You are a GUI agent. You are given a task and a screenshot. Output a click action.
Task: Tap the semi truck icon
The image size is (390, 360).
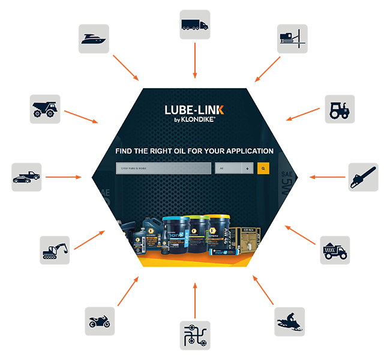[194, 25]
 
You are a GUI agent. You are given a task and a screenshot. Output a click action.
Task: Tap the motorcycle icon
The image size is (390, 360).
[100, 322]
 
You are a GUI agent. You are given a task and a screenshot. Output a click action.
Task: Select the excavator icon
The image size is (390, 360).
[55, 251]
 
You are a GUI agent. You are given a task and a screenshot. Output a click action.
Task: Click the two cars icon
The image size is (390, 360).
[26, 178]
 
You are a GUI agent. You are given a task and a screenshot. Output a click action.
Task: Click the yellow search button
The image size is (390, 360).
[263, 169]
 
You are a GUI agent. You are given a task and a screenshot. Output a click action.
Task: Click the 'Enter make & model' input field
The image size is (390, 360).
[163, 169]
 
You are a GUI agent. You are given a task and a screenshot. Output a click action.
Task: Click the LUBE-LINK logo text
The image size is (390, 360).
[194, 109]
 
